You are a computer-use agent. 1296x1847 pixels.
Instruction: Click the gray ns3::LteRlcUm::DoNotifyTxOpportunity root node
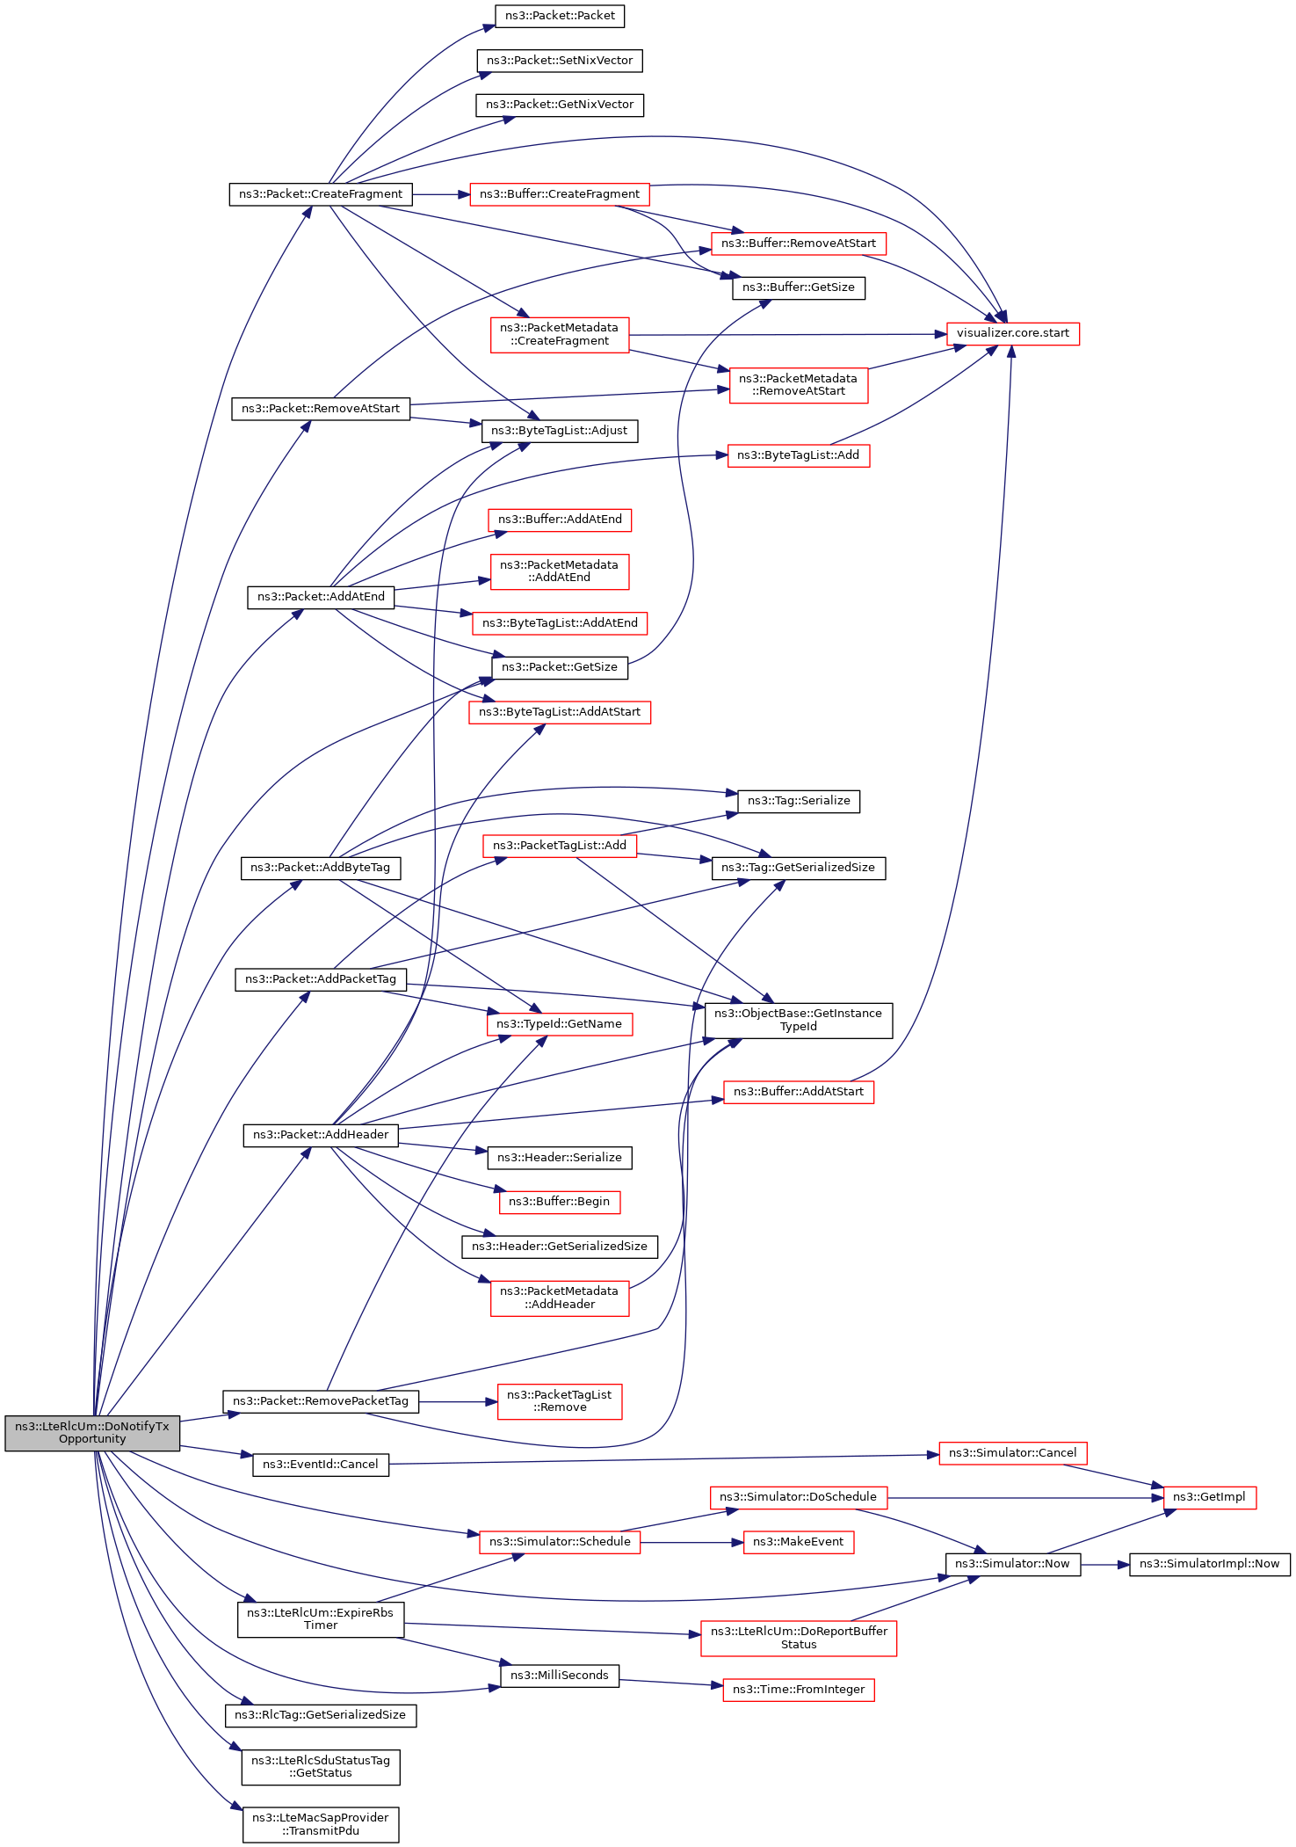point(92,1432)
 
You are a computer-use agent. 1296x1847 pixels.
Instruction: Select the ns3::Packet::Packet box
point(560,16)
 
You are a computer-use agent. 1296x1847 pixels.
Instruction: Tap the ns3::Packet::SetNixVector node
point(560,61)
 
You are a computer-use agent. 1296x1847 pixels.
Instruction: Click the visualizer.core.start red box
point(1012,334)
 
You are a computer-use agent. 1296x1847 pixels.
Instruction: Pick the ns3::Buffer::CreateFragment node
point(560,194)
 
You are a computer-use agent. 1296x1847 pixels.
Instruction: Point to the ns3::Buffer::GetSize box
point(798,287)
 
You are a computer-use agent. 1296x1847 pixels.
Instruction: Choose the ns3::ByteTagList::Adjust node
point(560,431)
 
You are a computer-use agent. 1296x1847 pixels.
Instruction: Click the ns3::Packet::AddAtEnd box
point(321,597)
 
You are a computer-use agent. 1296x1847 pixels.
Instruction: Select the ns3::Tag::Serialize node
point(798,801)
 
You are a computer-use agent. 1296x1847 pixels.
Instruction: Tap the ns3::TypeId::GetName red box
point(560,1024)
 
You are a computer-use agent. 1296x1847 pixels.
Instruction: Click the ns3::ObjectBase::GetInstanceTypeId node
point(798,1020)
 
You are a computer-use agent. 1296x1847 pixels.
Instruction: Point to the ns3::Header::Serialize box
point(560,1158)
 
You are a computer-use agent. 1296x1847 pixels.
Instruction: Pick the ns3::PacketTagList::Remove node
point(560,1401)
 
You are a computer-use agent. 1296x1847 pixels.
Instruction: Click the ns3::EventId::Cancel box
point(321,1465)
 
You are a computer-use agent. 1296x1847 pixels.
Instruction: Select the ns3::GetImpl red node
point(1209,1497)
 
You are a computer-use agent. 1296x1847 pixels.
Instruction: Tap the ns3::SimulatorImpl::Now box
point(1209,1564)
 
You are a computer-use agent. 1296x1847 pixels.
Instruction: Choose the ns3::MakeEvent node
point(798,1542)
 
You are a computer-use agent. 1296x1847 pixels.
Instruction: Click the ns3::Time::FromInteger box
point(798,1690)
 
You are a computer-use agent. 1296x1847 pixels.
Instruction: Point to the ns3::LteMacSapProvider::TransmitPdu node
point(321,1824)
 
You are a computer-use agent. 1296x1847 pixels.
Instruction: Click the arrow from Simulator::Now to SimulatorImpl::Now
point(1104,1565)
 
